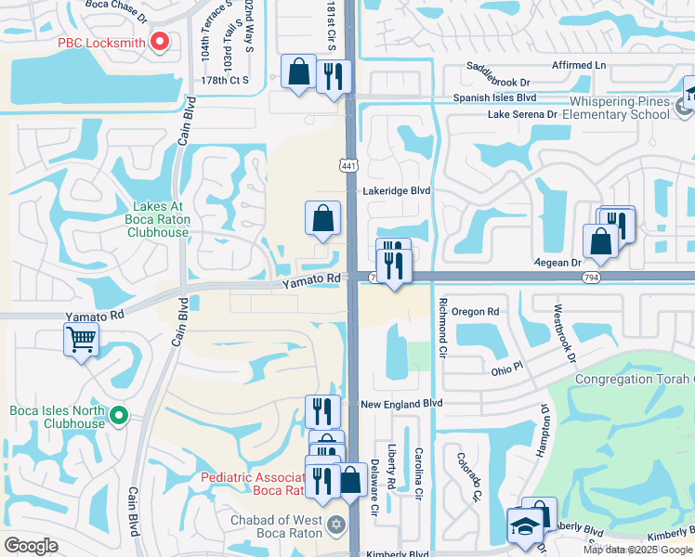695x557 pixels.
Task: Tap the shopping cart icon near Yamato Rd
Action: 82,341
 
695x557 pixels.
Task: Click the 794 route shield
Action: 590,277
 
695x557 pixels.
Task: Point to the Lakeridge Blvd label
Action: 396,190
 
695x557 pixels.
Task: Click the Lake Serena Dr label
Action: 523,114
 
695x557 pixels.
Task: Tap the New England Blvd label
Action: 402,405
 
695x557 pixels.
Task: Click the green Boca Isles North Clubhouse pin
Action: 117,416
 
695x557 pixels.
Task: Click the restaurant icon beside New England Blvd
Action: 322,409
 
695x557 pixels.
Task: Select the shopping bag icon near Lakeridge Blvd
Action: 322,218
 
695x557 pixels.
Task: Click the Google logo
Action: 31,546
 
